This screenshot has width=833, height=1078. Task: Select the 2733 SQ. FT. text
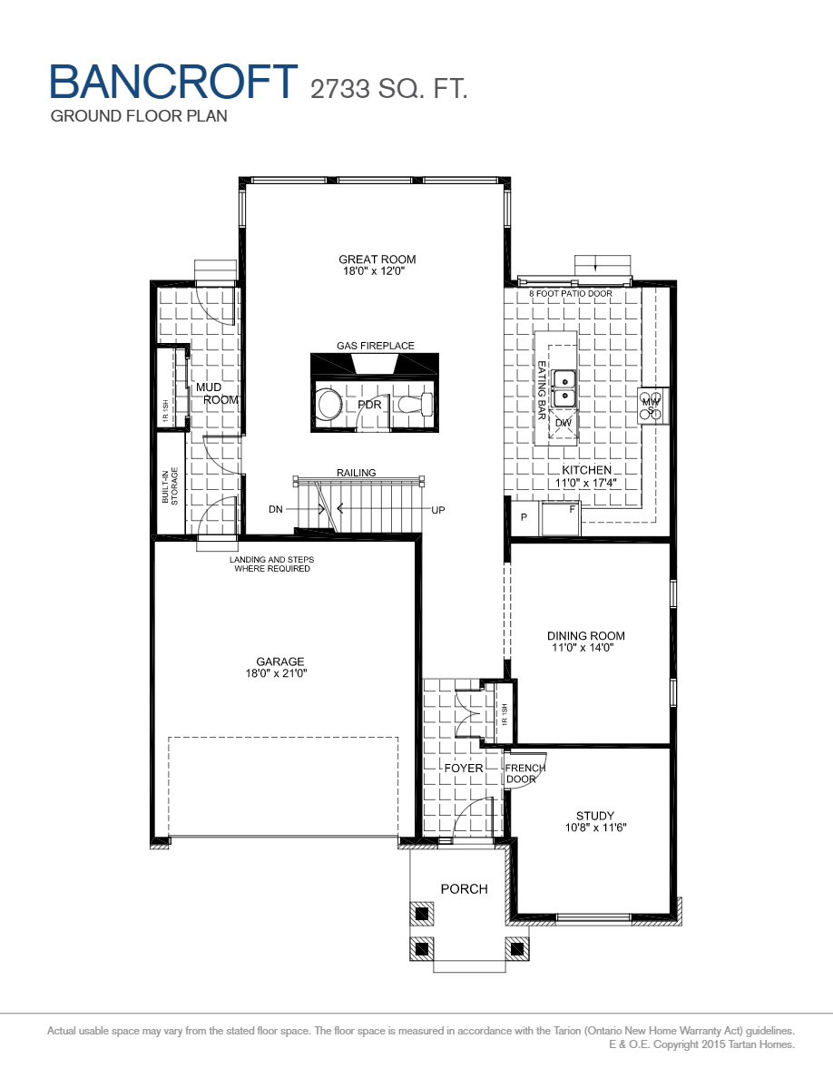tap(389, 88)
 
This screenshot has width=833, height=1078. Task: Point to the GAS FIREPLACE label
tap(376, 346)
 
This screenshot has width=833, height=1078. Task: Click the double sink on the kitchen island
tap(564, 387)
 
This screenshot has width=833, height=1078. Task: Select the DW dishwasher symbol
tap(563, 423)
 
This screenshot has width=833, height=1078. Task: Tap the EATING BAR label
tap(541, 390)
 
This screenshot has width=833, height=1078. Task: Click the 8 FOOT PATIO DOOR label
tap(571, 294)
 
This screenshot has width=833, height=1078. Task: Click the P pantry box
tap(524, 517)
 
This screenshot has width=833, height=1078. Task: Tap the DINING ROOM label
tap(588, 636)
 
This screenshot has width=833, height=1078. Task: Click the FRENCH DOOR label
tap(525, 774)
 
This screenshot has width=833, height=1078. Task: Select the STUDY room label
tap(594, 816)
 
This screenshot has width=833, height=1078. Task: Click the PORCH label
tap(464, 888)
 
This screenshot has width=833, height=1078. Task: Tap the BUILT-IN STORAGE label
tap(170, 485)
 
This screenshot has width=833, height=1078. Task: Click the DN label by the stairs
tap(276, 510)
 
